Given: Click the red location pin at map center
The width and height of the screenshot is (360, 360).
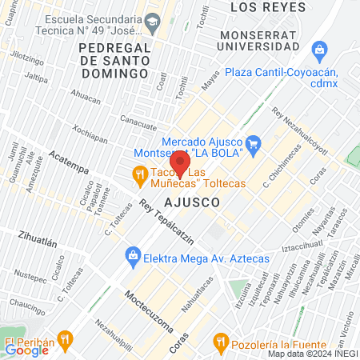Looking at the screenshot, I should [180, 165].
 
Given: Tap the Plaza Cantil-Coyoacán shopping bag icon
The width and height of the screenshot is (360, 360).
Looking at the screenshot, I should [320, 53].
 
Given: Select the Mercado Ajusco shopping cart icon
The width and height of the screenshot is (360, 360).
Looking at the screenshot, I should [254, 144].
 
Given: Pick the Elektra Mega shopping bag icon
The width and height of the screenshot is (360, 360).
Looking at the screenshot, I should [131, 258].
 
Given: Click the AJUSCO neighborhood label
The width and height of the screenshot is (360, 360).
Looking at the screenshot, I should [193, 203].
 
